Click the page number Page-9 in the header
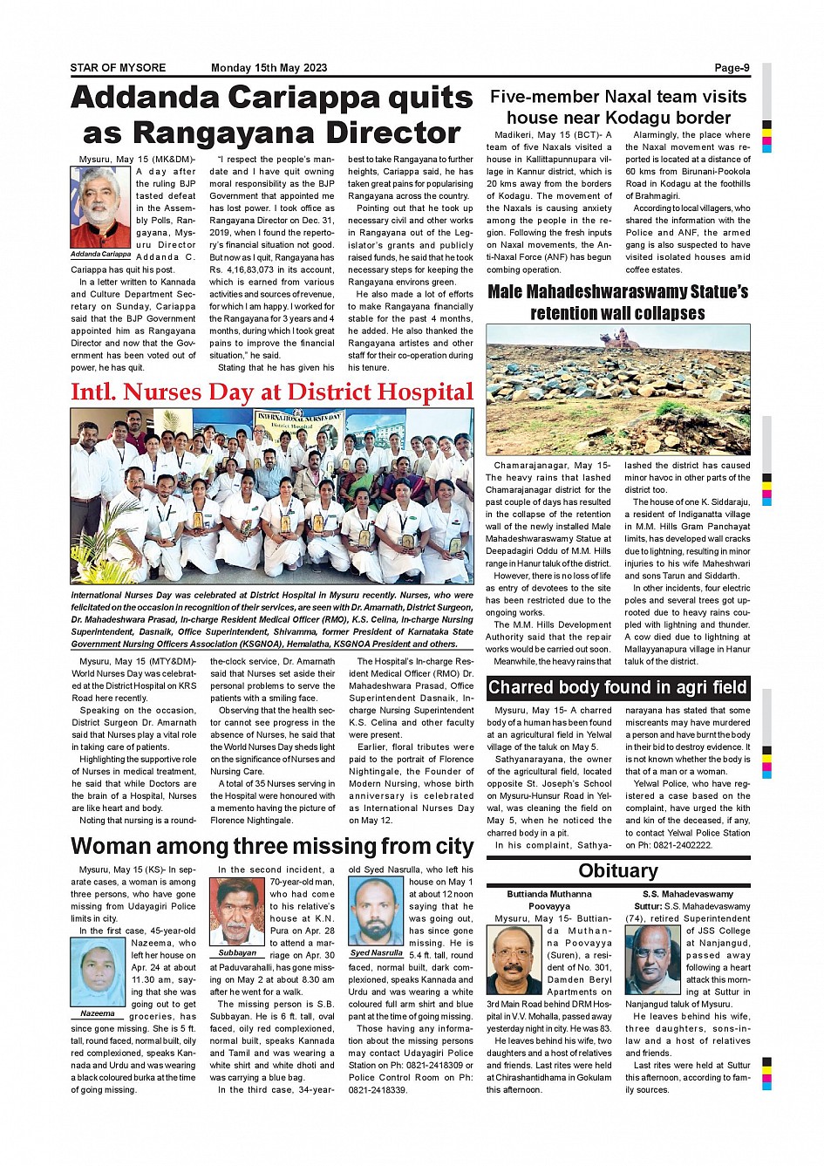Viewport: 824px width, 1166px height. pos(732,68)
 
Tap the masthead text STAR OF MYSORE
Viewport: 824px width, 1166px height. pos(118,68)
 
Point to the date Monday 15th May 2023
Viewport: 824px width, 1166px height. pos(269,68)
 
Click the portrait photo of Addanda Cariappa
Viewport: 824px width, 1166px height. pos(100,207)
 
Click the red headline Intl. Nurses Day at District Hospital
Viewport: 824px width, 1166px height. pos(272,392)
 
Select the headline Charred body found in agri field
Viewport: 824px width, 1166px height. pos(617,687)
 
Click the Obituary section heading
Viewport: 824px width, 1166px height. pos(618,870)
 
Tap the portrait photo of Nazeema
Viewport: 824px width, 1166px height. pos(98,972)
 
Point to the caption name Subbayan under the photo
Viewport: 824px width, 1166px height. pos(237,953)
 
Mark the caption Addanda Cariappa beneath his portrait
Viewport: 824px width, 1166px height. pos(100,254)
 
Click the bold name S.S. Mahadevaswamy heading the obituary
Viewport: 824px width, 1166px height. pos(687,894)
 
